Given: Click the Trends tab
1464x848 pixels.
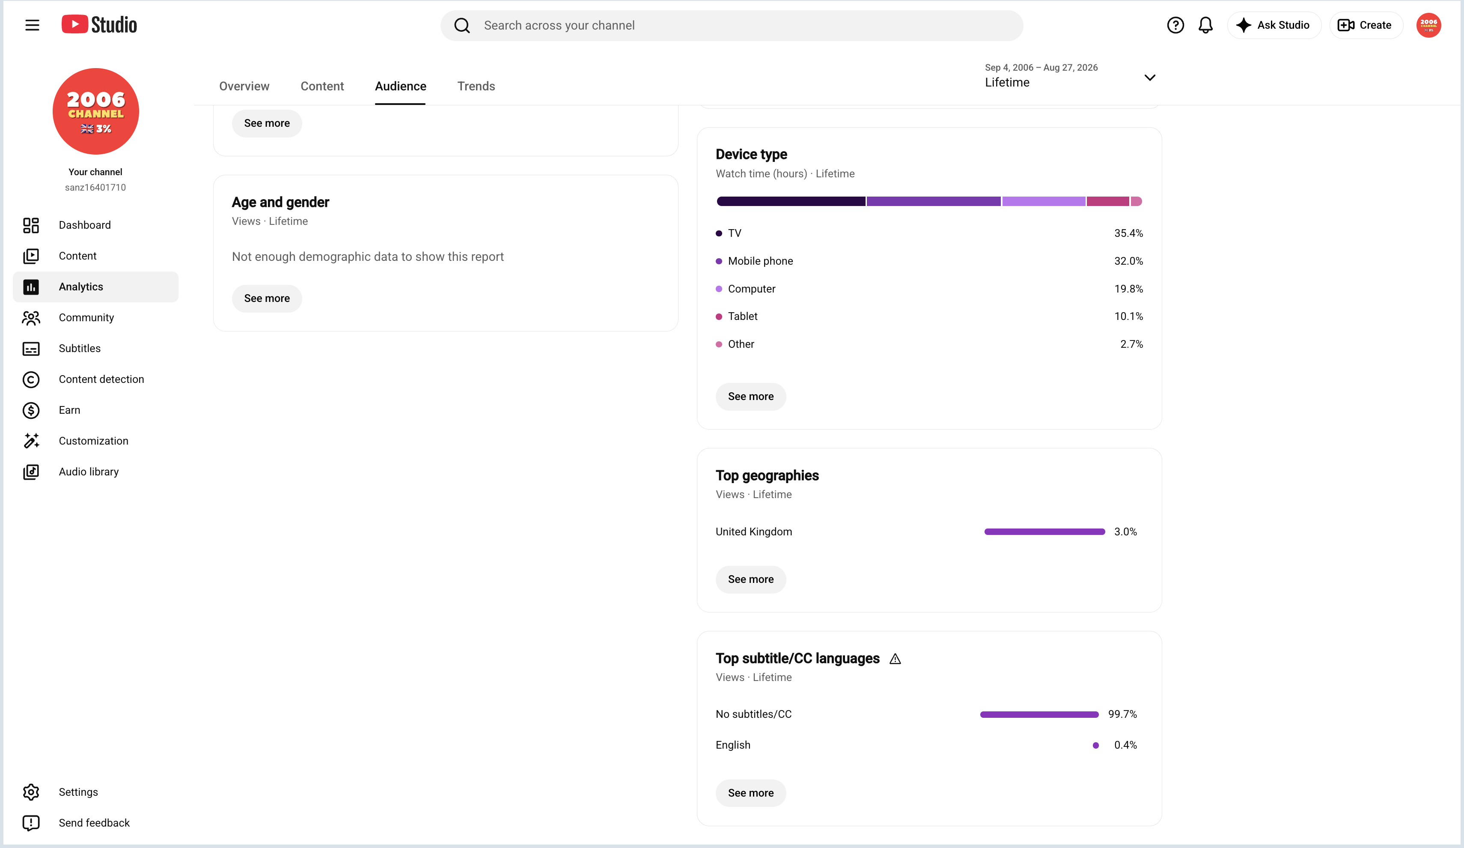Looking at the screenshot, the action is pos(476,86).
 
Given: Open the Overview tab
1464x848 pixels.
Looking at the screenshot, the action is pos(244,86).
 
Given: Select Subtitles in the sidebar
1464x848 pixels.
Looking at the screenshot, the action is pos(80,348).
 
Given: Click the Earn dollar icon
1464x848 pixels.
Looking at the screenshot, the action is pos(31,410).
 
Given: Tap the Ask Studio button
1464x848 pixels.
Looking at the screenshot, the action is pos(1274,25).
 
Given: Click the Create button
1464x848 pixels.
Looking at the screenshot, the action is pos(1365,25).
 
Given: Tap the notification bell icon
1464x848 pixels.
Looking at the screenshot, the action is pos(1205,25).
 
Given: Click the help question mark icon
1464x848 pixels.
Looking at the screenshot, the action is pos(1175,25).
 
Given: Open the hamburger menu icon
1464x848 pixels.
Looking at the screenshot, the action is pos(32,25).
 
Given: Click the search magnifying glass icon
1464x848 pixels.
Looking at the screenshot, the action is pos(462,26).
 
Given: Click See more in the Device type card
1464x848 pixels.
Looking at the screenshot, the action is pos(750,397).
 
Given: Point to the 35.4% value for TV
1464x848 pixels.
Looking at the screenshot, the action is pos(1128,233).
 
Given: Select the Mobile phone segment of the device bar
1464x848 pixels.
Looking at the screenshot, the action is pos(933,201).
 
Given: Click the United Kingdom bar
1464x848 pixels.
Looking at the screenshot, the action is pos(1044,532).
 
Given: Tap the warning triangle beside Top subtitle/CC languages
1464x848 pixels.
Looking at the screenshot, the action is pos(895,659).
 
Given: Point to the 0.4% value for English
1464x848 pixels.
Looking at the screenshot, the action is pos(1125,745).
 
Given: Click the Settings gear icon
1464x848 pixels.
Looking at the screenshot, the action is pos(31,792).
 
